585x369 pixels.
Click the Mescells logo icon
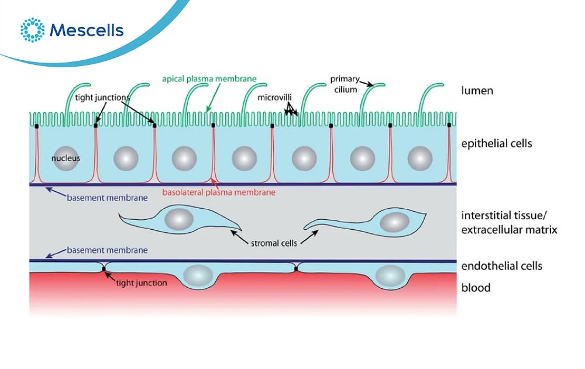[x=32, y=30]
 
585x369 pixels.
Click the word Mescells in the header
[x=87, y=30]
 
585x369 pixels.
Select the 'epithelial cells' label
[x=497, y=143]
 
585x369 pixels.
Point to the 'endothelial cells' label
[x=501, y=265]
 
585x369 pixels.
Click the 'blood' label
[x=476, y=288]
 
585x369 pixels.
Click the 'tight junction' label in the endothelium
[x=142, y=283]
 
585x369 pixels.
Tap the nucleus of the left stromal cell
[x=178, y=220]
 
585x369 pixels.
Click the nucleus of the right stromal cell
[x=395, y=222]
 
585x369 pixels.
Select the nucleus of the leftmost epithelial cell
[x=65, y=158]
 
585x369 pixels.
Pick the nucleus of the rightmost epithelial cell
[x=419, y=158]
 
